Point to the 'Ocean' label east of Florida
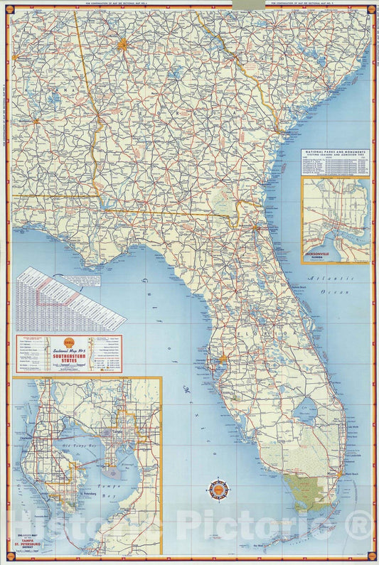(x=343, y=291)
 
